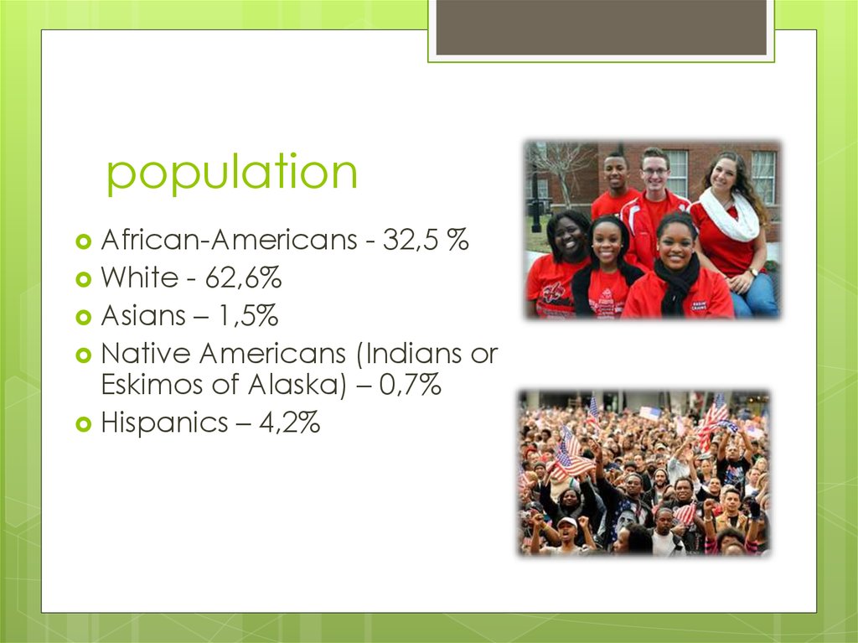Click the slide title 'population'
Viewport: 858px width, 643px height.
232,174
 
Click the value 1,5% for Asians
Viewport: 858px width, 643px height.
249,316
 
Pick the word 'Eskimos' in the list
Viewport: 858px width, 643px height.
151,386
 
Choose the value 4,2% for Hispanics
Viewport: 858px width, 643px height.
289,423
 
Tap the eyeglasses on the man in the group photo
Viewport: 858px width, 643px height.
654,172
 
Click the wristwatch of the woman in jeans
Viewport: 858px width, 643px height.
753,272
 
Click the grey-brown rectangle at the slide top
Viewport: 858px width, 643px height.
601,27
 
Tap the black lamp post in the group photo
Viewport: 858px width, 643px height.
535,201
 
